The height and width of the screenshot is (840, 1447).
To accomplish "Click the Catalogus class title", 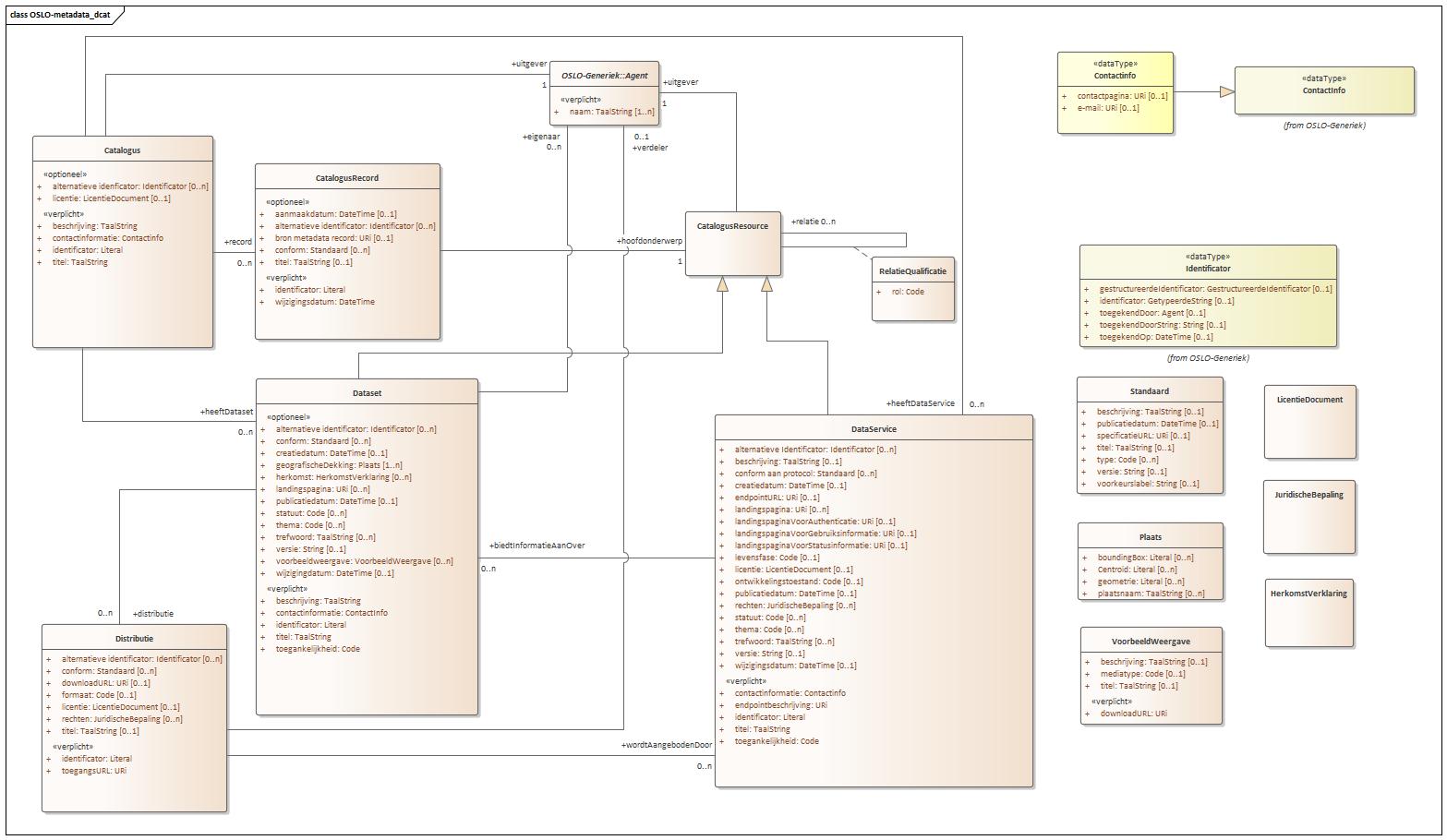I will pos(122,150).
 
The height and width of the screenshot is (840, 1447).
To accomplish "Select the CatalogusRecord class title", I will pos(347,178).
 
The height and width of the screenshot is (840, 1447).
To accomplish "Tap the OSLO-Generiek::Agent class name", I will pos(604,76).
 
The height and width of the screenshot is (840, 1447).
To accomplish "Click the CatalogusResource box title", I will pos(732,226).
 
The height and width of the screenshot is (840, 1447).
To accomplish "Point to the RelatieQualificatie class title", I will pos(912,271).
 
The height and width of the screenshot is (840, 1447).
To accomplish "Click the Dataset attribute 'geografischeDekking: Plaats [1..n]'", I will pos(338,465).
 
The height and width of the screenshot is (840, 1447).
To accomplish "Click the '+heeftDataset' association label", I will pos(226,412).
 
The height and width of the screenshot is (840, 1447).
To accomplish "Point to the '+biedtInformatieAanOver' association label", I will pos(537,546).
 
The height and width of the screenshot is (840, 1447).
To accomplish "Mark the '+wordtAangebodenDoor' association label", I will pos(667,745).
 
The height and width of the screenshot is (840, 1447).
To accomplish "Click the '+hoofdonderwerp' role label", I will pos(650,241).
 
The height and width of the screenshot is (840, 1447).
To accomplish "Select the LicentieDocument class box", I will pos(1309,421).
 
